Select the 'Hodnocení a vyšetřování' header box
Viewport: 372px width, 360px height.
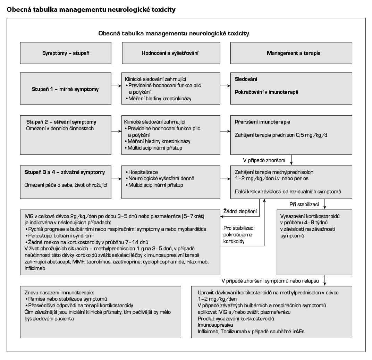tap(170, 53)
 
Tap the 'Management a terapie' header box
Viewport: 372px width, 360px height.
tap(293, 53)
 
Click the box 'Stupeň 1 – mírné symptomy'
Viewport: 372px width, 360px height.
tap(65, 89)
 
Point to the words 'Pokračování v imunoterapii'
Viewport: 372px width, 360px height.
tap(266, 92)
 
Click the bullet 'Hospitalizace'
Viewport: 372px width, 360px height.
tap(143, 172)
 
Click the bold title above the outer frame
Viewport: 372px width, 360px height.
tap(91, 10)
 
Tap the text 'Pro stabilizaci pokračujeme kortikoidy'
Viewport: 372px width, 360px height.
tap(238, 235)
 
